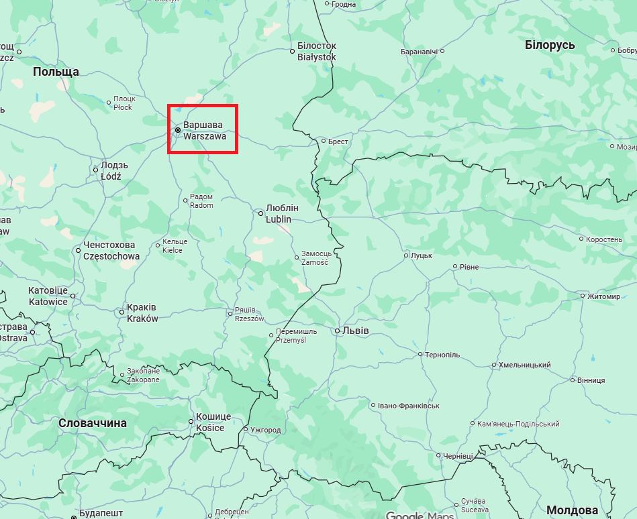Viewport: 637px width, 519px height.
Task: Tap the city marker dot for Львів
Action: point(337,331)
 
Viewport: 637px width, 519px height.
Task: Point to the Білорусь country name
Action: point(550,44)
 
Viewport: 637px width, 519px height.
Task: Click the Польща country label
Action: point(56,72)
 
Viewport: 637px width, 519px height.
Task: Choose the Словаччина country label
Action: point(93,423)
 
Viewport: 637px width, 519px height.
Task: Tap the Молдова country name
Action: point(572,510)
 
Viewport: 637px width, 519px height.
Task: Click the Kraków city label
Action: point(142,319)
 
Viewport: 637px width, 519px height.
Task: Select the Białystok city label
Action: point(317,57)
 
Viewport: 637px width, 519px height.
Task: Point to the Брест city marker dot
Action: point(323,141)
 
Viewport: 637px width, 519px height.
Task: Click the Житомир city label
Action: point(603,296)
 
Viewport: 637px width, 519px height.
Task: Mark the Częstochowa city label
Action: point(111,256)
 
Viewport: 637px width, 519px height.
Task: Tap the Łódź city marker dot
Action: point(96,170)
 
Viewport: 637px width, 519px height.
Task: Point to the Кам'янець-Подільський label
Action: point(518,424)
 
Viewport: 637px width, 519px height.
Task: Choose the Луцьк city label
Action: point(421,255)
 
